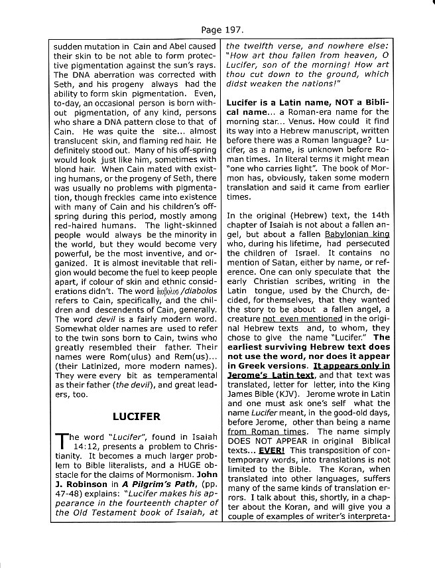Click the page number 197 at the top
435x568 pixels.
coord(226,30)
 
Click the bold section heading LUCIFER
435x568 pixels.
coord(136,417)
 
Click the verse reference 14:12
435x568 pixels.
coord(68,449)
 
